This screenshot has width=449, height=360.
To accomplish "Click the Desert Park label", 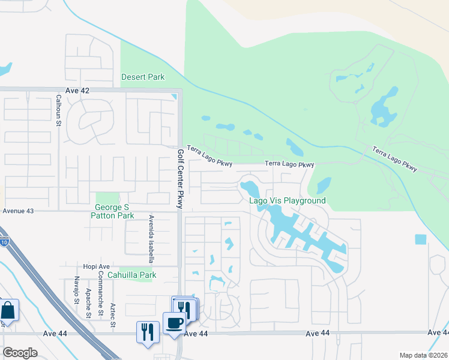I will [x=143, y=77].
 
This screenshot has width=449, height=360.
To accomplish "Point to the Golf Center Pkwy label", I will [x=180, y=178].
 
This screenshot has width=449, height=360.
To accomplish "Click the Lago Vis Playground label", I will [x=288, y=200].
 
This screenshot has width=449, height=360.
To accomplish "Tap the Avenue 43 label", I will [x=18, y=211].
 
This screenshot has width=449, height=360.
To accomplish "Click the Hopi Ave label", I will [x=96, y=266].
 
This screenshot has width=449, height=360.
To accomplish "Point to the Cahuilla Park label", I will [x=131, y=275].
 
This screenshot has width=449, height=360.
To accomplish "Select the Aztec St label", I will [x=113, y=315].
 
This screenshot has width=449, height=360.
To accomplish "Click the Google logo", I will [x=20, y=353].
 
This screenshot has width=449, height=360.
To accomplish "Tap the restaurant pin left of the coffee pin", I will [x=148, y=332].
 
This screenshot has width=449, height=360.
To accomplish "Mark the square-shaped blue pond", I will [x=420, y=239].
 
